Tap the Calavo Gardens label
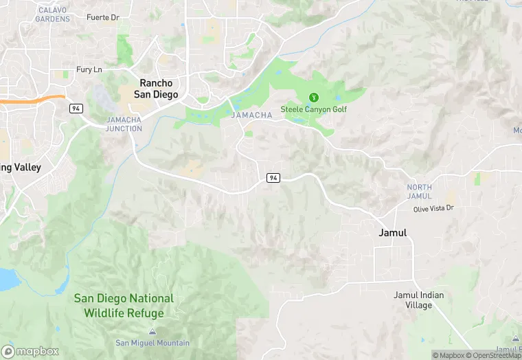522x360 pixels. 54,14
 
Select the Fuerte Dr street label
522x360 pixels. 103,16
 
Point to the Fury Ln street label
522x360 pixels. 89,69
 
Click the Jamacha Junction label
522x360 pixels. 124,124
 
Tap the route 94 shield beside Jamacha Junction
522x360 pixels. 76,109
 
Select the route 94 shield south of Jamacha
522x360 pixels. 273,178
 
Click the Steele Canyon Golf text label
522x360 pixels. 313,109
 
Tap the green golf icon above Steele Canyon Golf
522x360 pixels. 314,98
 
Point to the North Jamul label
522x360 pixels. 419,192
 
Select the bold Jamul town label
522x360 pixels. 393,232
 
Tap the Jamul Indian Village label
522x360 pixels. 418,300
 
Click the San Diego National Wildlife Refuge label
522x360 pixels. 124,306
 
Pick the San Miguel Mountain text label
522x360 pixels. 152,343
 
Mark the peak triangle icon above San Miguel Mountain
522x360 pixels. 152,333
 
